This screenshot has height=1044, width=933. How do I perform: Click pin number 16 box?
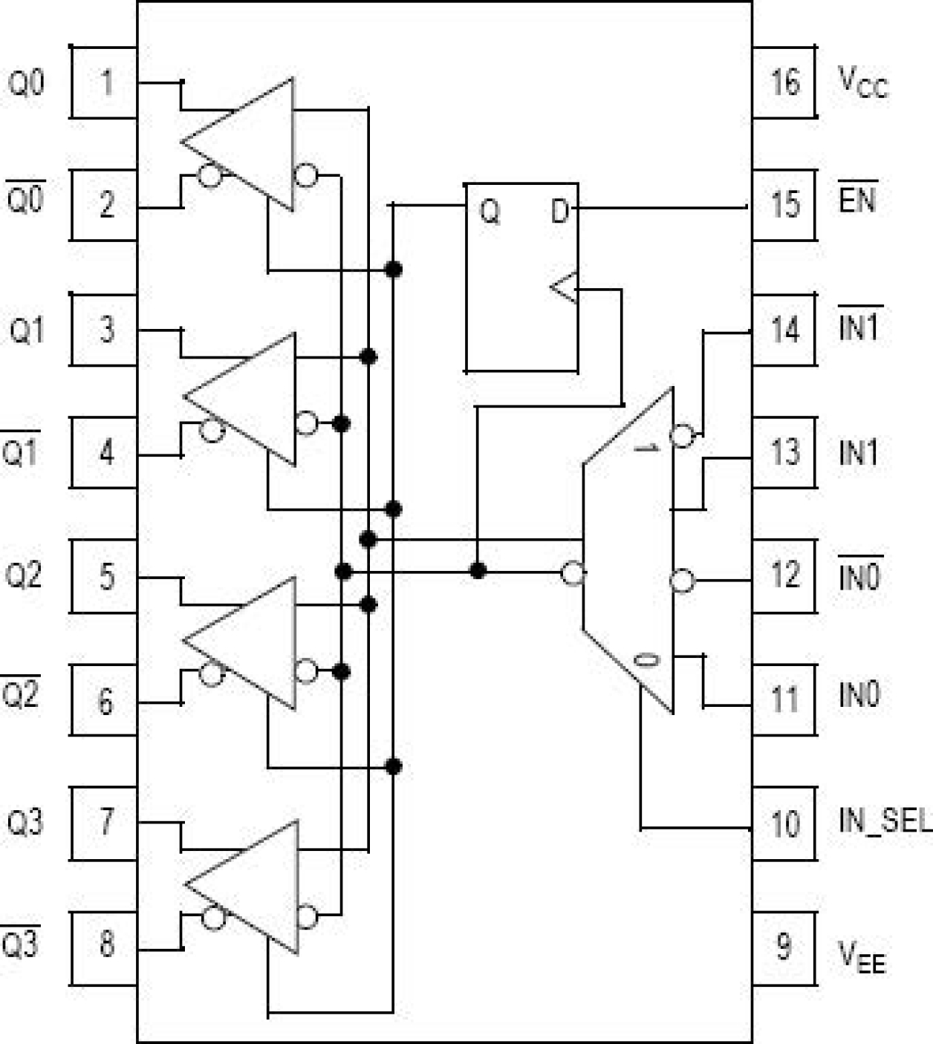[x=784, y=82]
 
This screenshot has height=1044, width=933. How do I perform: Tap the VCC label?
[x=862, y=82]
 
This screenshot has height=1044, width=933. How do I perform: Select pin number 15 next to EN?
[x=784, y=204]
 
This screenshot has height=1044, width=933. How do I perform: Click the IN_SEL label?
[x=884, y=821]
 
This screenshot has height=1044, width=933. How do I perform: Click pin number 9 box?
[x=784, y=947]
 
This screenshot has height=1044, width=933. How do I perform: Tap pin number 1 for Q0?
[x=106, y=82]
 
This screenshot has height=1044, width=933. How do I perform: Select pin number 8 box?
[x=106, y=944]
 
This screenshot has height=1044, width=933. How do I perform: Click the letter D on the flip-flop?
[x=560, y=212]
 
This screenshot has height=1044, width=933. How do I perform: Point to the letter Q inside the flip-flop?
[x=490, y=212]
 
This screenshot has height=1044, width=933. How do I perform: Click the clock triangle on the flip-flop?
[x=565, y=287]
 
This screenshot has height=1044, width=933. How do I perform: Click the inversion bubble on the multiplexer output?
[x=573, y=573]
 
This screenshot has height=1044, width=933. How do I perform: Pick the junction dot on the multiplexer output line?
[x=478, y=571]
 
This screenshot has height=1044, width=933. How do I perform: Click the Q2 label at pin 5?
[x=24, y=575]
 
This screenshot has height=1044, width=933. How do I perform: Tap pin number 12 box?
[x=784, y=575]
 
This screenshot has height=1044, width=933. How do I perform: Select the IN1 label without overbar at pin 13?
[x=858, y=452]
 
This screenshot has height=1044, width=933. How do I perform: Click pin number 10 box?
[x=784, y=823]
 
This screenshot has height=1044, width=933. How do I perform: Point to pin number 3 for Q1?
[x=106, y=329]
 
